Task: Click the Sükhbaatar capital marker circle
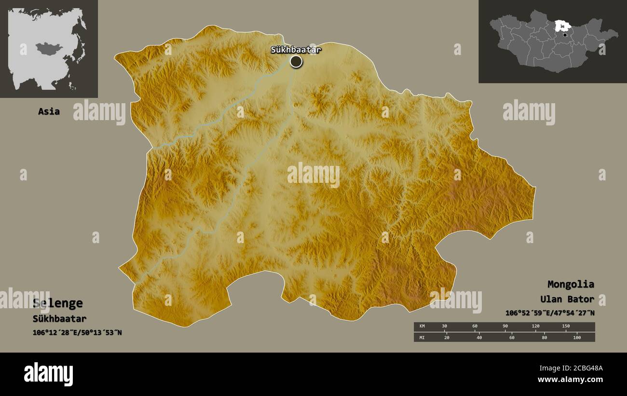pos(296,61)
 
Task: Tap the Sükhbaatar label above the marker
pos(296,49)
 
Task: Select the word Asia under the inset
pos(49,111)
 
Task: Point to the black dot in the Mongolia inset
pos(565,35)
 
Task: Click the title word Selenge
pos(58,303)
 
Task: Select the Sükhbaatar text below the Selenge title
pos(59,318)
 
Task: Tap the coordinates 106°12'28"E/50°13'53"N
pos(77,332)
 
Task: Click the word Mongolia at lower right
pos(571,284)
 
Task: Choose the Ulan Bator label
pos(567,299)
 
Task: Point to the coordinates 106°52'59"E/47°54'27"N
pos(550,313)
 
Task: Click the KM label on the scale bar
pos(422,327)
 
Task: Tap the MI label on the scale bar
pos(422,337)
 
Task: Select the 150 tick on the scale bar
pos(566,326)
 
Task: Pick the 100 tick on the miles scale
pos(577,337)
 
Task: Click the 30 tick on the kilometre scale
pos(445,326)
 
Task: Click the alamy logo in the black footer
pos(48,374)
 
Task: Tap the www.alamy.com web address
pos(570,380)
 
